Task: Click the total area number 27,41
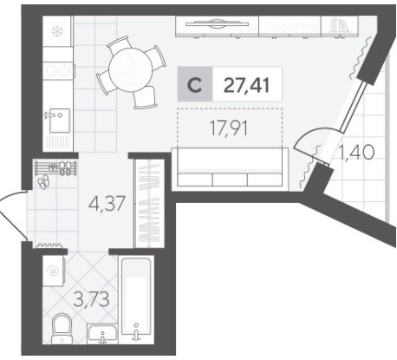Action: (x=246, y=85)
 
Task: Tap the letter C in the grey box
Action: (x=195, y=85)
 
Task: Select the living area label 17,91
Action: (x=228, y=128)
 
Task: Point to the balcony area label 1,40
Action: (x=356, y=152)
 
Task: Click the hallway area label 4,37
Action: (x=107, y=203)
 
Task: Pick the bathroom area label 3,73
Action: (x=91, y=299)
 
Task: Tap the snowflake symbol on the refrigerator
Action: (x=57, y=31)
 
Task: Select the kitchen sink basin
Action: (x=60, y=121)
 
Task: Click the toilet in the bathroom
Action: (x=62, y=329)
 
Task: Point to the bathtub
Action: (x=136, y=297)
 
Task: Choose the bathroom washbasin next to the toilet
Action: (x=102, y=334)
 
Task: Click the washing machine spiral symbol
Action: (x=54, y=272)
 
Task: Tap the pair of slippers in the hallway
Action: (x=43, y=181)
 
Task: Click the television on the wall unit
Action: (x=217, y=23)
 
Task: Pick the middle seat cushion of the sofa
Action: (x=230, y=180)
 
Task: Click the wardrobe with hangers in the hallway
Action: (x=149, y=203)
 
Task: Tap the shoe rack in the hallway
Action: (x=55, y=168)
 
